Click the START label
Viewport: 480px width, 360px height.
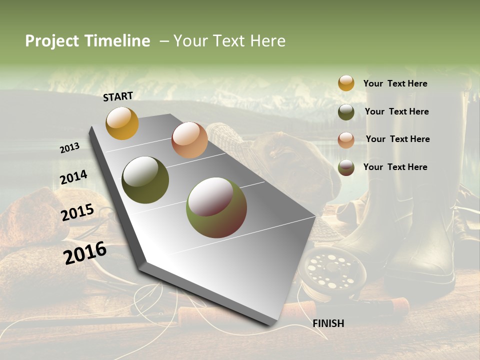(x=118, y=96)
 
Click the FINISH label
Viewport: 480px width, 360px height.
(x=328, y=323)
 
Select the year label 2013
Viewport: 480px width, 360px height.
(x=70, y=148)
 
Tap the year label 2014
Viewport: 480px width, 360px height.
(x=74, y=177)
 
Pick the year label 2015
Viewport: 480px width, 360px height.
(x=77, y=212)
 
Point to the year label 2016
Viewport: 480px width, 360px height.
(x=85, y=253)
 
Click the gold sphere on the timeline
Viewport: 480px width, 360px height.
(x=122, y=123)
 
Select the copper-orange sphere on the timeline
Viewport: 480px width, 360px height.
(x=189, y=140)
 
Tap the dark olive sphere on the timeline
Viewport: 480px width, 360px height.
(x=145, y=180)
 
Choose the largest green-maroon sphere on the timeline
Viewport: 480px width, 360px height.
(x=216, y=207)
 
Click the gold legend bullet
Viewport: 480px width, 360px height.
(x=346, y=83)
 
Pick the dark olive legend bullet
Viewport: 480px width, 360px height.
(x=346, y=112)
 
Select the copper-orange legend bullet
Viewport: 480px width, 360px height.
(x=346, y=139)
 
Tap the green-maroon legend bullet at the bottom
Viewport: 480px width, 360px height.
(x=346, y=167)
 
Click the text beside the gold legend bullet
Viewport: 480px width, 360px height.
(x=395, y=83)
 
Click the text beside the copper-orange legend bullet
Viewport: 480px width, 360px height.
(x=397, y=139)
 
